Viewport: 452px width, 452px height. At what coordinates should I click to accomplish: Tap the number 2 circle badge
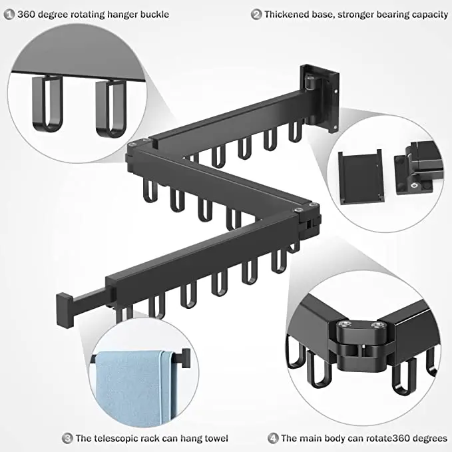pyautogui.click(x=256, y=14)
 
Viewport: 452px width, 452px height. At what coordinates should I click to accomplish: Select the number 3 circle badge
pyautogui.click(x=67, y=438)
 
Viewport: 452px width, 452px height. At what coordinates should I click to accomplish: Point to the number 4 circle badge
pyautogui.click(x=272, y=438)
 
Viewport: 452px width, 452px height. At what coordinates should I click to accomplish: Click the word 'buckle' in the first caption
pyautogui.click(x=154, y=14)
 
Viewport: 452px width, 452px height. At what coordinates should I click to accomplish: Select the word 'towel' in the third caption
pyautogui.click(x=214, y=438)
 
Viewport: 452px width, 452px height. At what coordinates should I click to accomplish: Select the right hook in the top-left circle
pyautogui.click(x=109, y=107)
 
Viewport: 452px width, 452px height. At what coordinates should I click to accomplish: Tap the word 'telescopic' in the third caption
pyautogui.click(x=124, y=438)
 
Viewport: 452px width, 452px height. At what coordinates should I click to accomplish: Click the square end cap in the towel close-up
pyautogui.click(x=186, y=358)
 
